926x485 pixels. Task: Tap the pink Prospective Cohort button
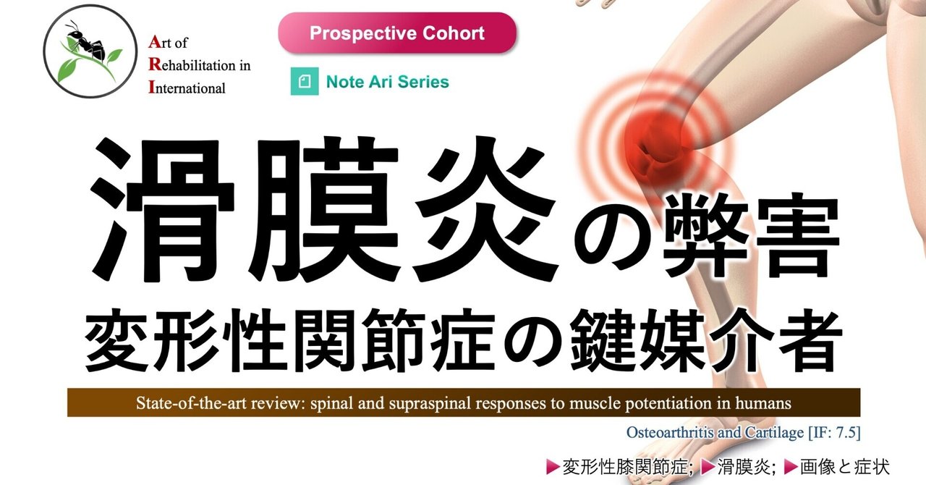pyautogui.click(x=397, y=33)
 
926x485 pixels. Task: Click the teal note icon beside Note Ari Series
pyautogui.click(x=305, y=82)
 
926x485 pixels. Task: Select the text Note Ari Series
pyautogui.click(x=387, y=82)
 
